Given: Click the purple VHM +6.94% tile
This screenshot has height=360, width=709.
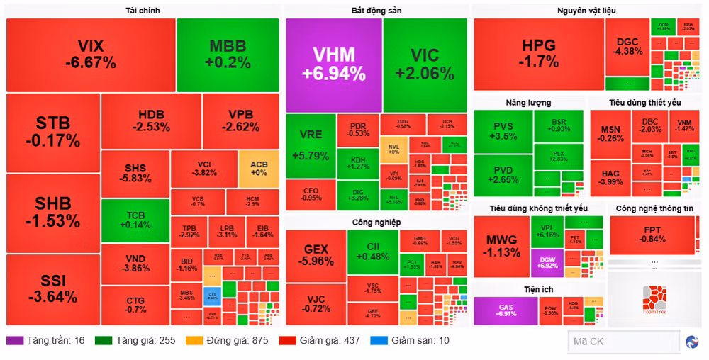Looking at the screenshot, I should pyautogui.click(x=333, y=64).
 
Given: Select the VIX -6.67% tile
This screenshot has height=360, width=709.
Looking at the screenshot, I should pyautogui.click(x=91, y=55).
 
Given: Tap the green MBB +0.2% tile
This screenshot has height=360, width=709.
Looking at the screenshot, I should pyautogui.click(x=228, y=55).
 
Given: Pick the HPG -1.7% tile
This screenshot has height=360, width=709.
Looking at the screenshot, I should pyautogui.click(x=539, y=54).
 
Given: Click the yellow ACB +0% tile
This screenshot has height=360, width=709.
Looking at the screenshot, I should pyautogui.click(x=259, y=169).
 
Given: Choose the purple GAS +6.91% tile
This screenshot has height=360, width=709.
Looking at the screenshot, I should pyautogui.click(x=506, y=310).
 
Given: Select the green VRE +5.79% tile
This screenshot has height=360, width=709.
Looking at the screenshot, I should pyautogui.click(x=311, y=146).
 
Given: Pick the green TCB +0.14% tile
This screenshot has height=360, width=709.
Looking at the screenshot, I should pyautogui.click(x=135, y=220).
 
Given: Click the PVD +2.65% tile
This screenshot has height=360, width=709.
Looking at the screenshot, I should pyautogui.click(x=503, y=174).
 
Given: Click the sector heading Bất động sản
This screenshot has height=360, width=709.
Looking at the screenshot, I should pyautogui.click(x=376, y=11).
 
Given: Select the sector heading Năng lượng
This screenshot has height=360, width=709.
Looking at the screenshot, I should pyautogui.click(x=528, y=103).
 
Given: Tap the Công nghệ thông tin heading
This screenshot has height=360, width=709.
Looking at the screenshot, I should pyautogui.click(x=654, y=208).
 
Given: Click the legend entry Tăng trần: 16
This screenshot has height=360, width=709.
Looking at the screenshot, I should pyautogui.click(x=46, y=340).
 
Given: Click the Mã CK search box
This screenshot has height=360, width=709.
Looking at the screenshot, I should pyautogui.click(x=623, y=342).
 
